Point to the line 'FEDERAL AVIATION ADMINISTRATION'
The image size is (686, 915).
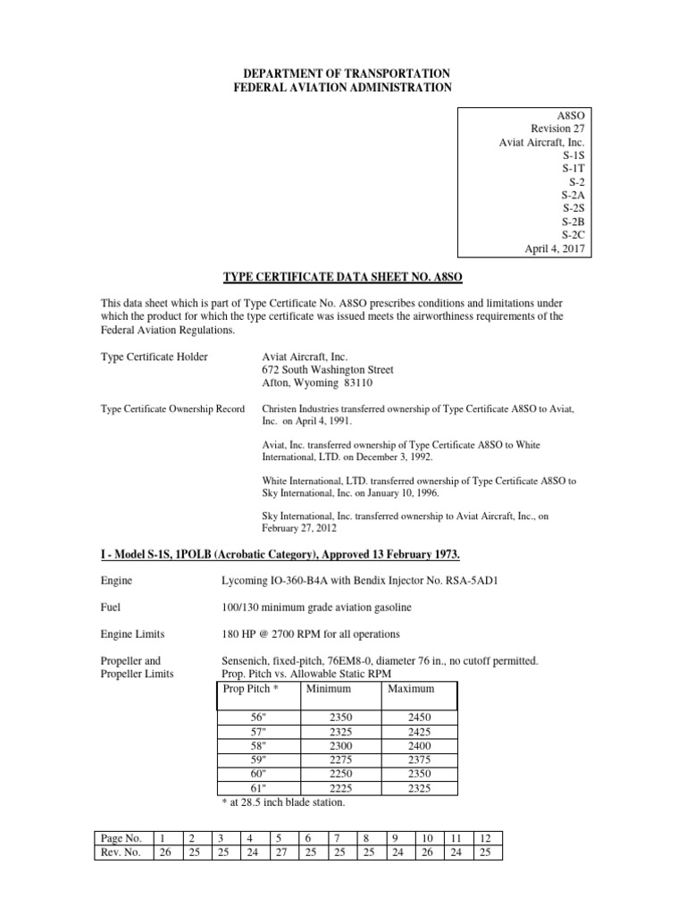[342, 87]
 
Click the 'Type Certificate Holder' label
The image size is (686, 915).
[154, 357]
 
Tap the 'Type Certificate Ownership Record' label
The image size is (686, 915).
[172, 408]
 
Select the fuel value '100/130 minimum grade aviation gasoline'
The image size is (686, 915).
[322, 607]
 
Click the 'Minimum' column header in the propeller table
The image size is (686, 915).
[328, 689]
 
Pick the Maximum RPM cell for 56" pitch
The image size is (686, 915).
[418, 717]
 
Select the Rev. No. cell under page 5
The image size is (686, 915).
[280, 852]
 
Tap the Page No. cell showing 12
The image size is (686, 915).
[485, 838]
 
